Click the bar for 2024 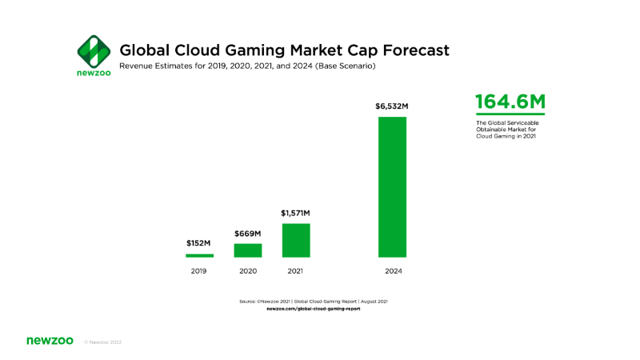click(x=392, y=187)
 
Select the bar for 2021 click(x=296, y=240)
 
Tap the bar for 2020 click(x=248, y=250)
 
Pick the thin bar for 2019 click(x=199, y=256)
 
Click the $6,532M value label click(x=392, y=106)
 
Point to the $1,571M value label click(x=295, y=213)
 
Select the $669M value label click(x=248, y=234)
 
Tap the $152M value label click(x=199, y=244)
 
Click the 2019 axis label click(x=199, y=272)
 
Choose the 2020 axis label click(x=248, y=272)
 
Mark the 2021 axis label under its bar click(x=296, y=272)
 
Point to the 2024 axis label click(x=392, y=272)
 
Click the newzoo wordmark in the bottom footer click(x=50, y=341)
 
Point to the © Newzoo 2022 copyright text click(x=102, y=342)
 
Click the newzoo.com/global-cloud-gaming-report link click(x=313, y=308)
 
